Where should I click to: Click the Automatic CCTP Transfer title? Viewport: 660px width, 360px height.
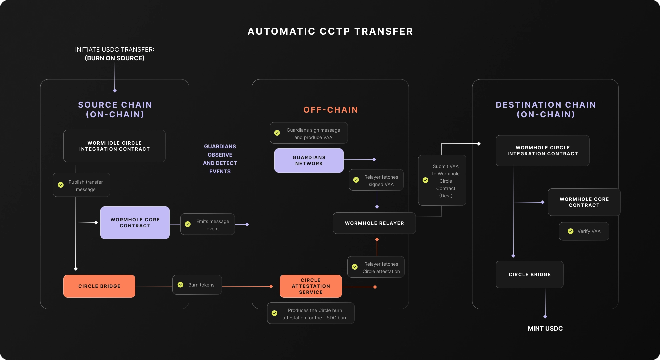pos(330,31)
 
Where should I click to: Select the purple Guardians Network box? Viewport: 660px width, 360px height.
pos(309,160)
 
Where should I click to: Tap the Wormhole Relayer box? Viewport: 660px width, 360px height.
pos(374,223)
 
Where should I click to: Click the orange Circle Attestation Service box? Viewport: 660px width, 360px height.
pos(311,286)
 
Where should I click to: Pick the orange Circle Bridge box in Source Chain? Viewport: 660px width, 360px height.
pos(99,286)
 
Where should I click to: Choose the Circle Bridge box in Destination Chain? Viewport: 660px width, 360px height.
pos(529,274)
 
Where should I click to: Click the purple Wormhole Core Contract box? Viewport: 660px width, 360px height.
pos(135,222)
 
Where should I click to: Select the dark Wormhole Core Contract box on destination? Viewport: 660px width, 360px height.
pos(584,202)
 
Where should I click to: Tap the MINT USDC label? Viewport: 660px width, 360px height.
pos(545,328)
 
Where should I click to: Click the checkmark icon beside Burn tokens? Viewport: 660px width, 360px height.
pos(180,285)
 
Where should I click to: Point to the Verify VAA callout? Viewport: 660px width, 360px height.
pos(584,231)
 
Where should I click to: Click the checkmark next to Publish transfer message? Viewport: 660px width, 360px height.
pos(61,185)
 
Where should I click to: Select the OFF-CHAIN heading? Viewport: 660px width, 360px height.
pos(330,110)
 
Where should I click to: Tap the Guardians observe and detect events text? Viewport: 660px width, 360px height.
pos(220,159)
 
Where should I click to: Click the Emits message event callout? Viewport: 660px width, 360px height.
pos(208,224)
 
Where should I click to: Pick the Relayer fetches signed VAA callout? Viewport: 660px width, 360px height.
pos(376,180)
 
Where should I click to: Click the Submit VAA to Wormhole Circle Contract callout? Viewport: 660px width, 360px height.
pos(442,180)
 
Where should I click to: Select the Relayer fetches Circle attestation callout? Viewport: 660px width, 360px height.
pos(376,267)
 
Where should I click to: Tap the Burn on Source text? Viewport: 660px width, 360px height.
pos(114,58)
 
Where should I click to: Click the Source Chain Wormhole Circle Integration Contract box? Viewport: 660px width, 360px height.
pos(114,146)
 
